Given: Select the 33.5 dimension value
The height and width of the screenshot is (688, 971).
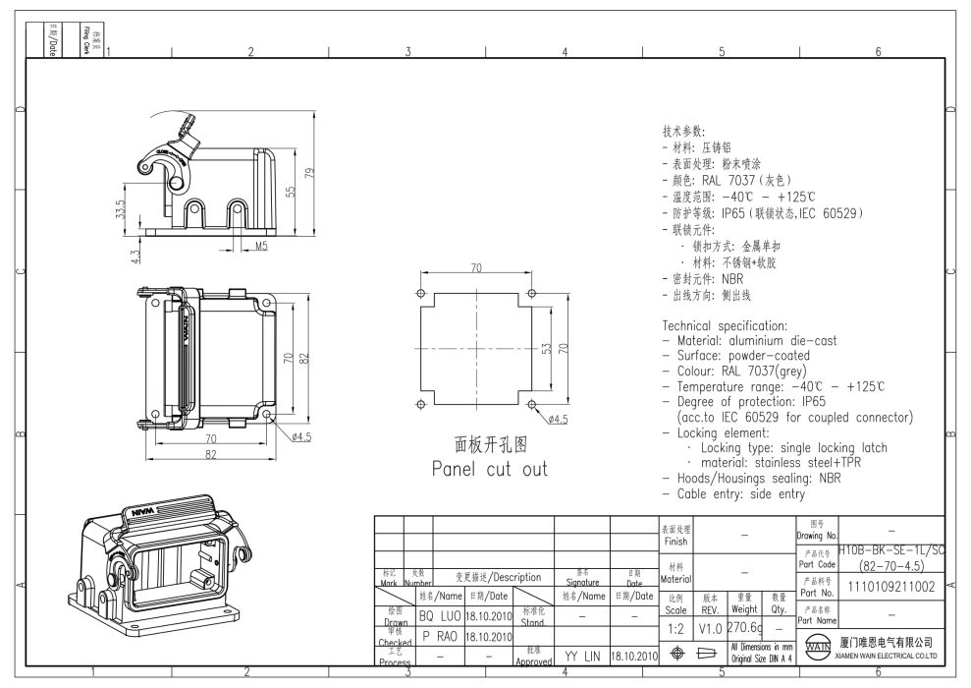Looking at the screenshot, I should (120, 210).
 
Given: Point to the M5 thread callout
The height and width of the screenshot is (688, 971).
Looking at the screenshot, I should (261, 247).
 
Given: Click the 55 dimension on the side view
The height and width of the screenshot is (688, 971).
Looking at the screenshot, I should (291, 190).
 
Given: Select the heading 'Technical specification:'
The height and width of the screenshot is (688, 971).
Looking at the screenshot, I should (726, 325).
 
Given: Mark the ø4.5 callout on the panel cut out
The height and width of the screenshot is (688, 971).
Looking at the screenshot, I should (558, 419).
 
